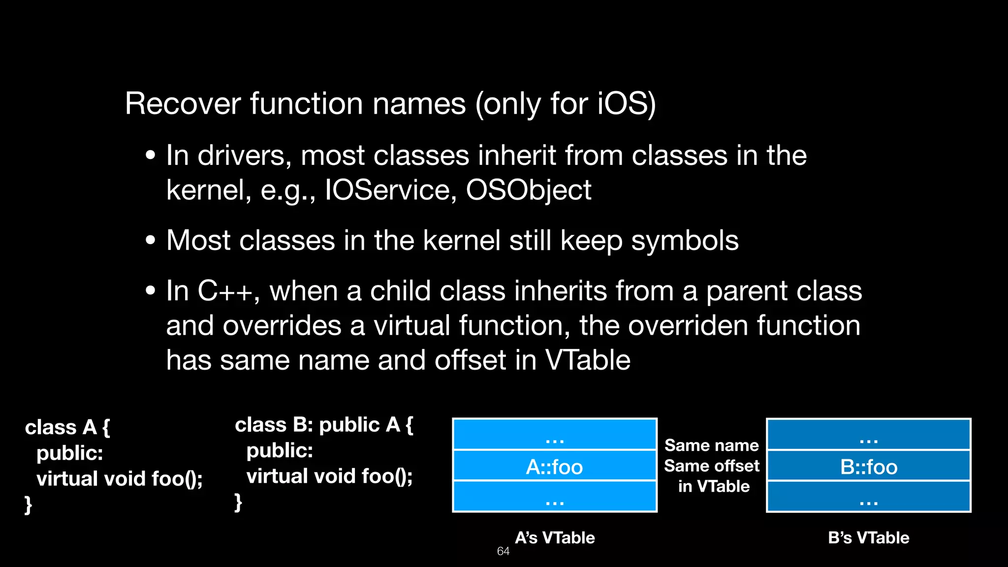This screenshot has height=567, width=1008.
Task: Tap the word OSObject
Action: (x=528, y=190)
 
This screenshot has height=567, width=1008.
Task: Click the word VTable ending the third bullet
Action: (x=588, y=360)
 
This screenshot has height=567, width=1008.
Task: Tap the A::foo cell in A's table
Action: (x=555, y=466)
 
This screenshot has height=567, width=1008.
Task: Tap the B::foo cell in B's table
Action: (x=869, y=466)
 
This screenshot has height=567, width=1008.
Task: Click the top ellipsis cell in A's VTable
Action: (x=555, y=435)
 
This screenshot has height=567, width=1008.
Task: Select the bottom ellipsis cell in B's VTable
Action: (x=869, y=497)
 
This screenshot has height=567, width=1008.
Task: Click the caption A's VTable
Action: (x=555, y=537)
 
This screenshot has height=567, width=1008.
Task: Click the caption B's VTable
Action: (x=869, y=537)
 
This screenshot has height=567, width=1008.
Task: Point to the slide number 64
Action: (x=503, y=551)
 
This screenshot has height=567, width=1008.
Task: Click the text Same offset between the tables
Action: (x=712, y=466)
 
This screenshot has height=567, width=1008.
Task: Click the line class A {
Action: (x=67, y=427)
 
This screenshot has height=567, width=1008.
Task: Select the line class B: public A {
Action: (x=324, y=425)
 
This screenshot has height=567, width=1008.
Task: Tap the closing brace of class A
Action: (x=29, y=504)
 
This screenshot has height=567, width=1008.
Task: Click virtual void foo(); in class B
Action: (x=329, y=476)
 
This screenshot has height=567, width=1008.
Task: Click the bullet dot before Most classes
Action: (x=151, y=241)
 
